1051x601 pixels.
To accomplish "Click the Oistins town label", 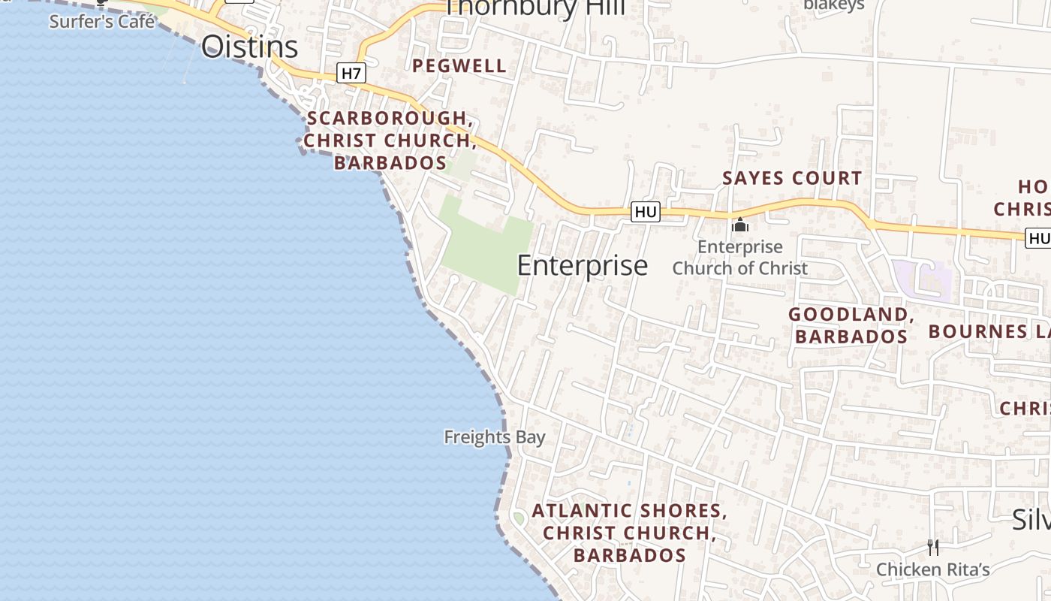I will coord(249,47).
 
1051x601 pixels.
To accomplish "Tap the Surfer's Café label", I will coord(102,21).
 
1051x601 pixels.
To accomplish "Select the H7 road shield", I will coord(351,73).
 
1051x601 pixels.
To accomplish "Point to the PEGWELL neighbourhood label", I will coord(459,66).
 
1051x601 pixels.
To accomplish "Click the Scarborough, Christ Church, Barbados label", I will coord(390,140).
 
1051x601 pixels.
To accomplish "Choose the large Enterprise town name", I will coord(582,265).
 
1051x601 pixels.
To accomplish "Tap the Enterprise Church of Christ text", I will coord(739,257).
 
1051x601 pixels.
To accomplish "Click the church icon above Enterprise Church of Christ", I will coord(739,224).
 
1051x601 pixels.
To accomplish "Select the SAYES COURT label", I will coord(792,178).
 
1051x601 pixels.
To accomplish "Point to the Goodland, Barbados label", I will coord(851,325).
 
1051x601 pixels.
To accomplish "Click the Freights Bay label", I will coord(494,436).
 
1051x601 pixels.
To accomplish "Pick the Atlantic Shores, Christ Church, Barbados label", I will coord(629,533).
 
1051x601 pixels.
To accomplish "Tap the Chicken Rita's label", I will coord(933,569).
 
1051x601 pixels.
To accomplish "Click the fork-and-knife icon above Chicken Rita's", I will coord(933,547).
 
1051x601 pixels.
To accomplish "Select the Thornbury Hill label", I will coord(535,8).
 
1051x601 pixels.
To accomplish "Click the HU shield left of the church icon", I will coord(646,213).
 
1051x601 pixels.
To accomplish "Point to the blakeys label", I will coord(833,5).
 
